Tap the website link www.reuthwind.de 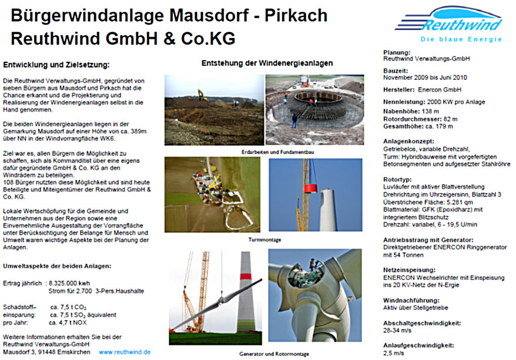[x=124, y=352]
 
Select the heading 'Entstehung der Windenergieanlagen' [x=267, y=63]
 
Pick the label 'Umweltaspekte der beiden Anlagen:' [x=57, y=265]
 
